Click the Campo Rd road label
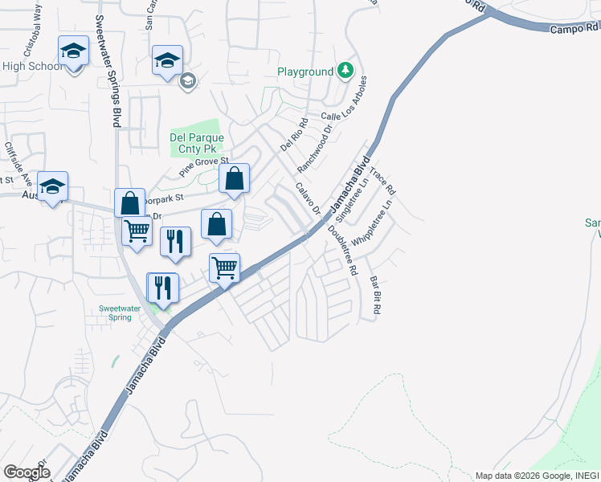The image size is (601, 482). [574, 27]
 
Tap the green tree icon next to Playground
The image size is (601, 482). [345, 71]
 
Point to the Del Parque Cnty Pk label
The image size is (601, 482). [197, 143]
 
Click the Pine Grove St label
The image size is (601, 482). [205, 167]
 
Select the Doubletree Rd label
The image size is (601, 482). [341, 250]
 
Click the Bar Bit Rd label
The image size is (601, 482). [375, 294]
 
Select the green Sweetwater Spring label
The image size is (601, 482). [121, 312]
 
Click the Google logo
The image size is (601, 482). [27, 472]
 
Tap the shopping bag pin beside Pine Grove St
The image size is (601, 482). [234, 179]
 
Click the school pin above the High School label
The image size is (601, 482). [73, 52]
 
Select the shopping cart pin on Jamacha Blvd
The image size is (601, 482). [225, 268]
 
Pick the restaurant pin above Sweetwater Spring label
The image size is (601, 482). [162, 288]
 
